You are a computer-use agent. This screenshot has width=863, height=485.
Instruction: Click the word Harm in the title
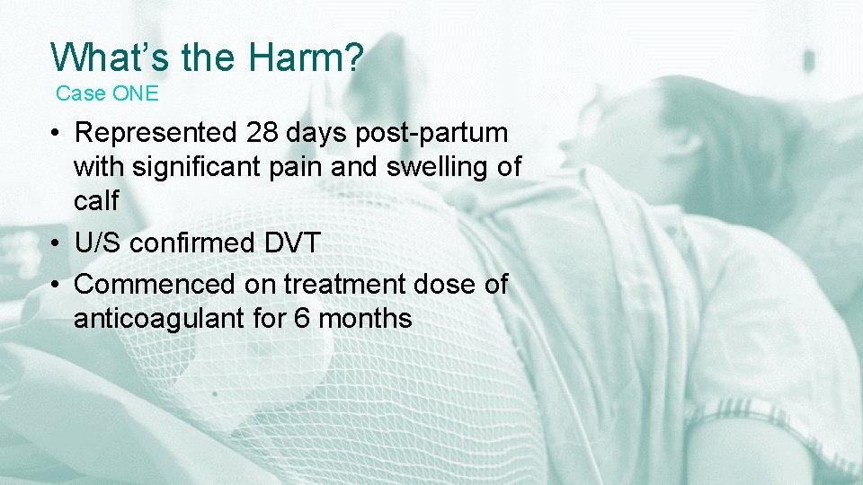[x=306, y=57]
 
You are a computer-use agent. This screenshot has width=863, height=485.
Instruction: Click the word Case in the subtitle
[x=79, y=93]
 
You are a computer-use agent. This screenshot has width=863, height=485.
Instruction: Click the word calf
[x=95, y=200]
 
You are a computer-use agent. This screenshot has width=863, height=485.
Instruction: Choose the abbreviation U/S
[x=99, y=242]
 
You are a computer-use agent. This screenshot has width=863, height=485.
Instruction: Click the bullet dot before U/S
[x=56, y=243]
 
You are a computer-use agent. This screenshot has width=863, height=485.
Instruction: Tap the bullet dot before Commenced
[x=56, y=286]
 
